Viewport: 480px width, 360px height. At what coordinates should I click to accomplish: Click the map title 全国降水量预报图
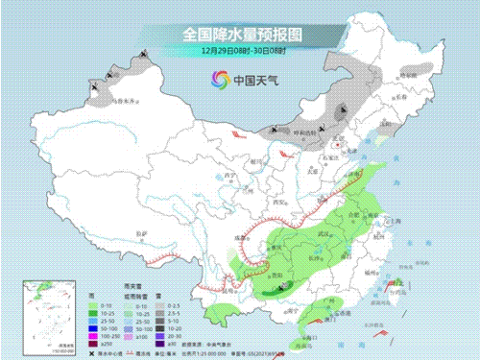point(240,33)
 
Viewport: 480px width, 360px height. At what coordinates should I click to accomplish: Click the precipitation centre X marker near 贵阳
point(284,286)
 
